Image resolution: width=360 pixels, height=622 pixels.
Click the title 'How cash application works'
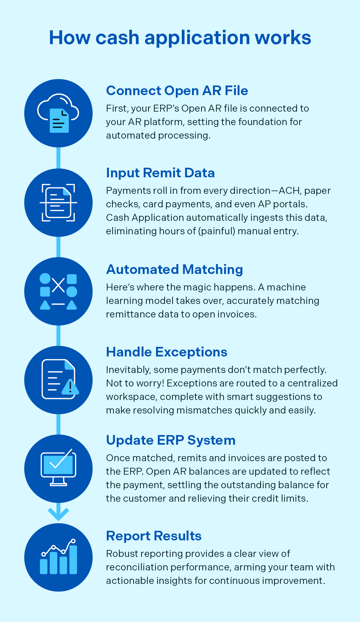click(x=180, y=38)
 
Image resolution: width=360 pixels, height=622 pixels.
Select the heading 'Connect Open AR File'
click(x=177, y=91)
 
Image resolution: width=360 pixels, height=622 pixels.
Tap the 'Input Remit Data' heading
click(x=160, y=173)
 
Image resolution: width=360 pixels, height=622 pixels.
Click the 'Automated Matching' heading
click(x=174, y=269)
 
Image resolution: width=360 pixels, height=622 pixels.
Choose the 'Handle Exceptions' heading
click(x=166, y=352)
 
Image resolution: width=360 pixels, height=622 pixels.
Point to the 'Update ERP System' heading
click(x=171, y=440)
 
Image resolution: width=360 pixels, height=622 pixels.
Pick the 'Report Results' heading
click(x=154, y=536)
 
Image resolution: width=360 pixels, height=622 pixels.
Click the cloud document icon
click(x=58, y=113)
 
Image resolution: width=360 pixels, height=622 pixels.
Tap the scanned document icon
click(x=58, y=203)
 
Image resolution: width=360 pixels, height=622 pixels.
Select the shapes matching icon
click(x=58, y=291)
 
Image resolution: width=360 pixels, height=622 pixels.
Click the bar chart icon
click(x=58, y=557)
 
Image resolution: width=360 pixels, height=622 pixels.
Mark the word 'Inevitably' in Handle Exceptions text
click(x=128, y=370)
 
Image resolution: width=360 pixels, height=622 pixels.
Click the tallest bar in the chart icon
click(x=73, y=560)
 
